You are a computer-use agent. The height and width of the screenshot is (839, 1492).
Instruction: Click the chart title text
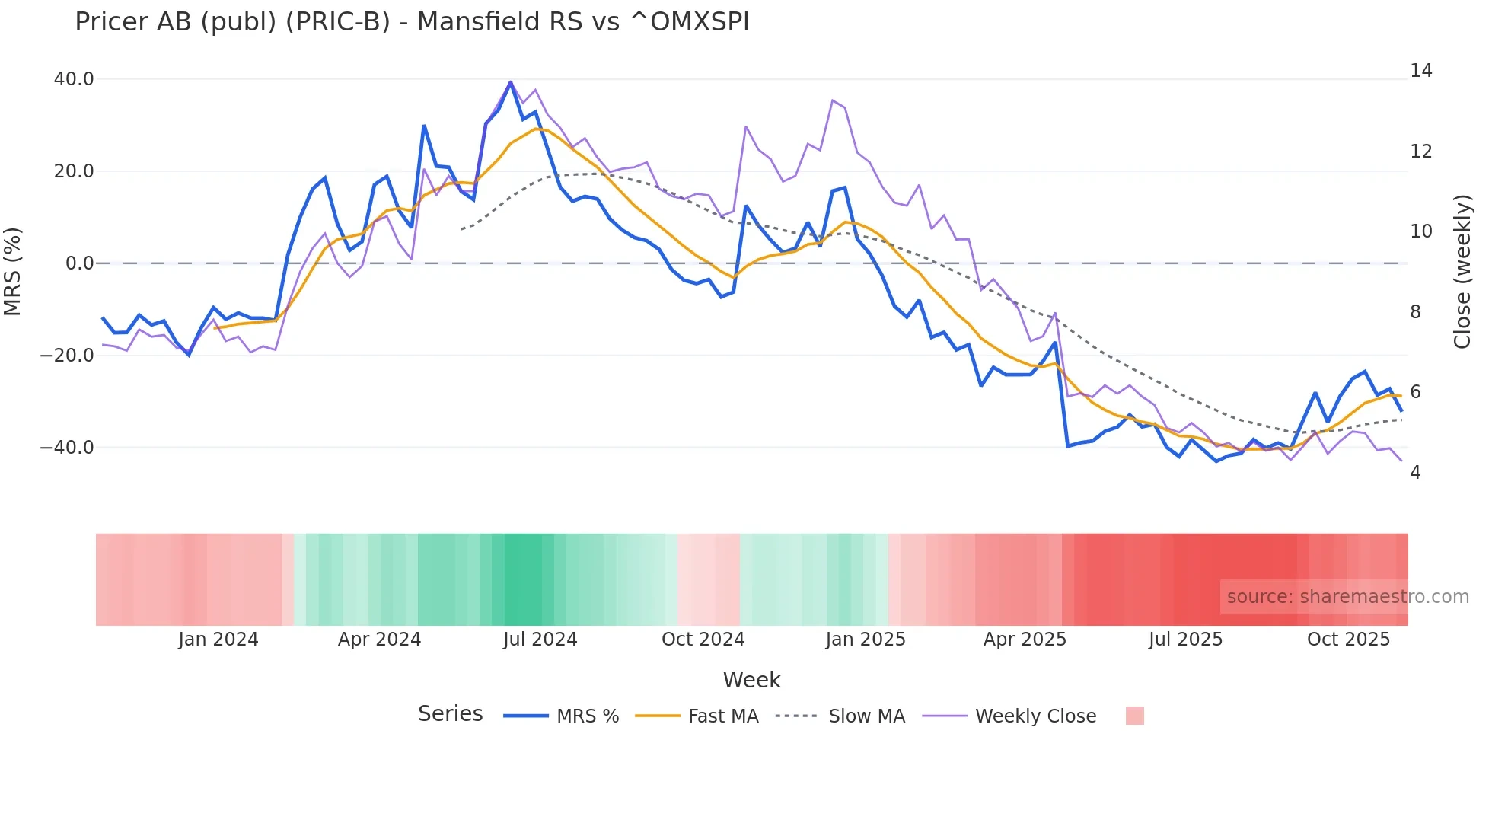click(x=412, y=22)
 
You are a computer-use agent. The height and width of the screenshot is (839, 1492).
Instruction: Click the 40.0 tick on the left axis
click(x=74, y=79)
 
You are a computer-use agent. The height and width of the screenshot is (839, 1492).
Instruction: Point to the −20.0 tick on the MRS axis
click(x=68, y=356)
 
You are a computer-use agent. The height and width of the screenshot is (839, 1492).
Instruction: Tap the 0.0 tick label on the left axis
click(x=80, y=263)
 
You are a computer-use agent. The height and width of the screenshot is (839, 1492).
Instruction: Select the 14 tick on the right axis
click(x=1420, y=71)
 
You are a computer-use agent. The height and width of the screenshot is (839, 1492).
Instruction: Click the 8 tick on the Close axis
click(x=1415, y=311)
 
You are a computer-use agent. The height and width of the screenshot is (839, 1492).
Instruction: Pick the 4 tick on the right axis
click(x=1415, y=473)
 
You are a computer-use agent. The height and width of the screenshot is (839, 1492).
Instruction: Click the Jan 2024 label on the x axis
click(x=218, y=640)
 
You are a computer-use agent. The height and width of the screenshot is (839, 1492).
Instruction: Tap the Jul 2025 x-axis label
click(x=1185, y=640)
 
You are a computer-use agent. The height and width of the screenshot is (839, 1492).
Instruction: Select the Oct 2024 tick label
click(x=703, y=640)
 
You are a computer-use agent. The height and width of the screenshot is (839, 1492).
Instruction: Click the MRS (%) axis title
click(x=13, y=271)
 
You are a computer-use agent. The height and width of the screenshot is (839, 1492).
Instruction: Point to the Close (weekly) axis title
click(x=1462, y=272)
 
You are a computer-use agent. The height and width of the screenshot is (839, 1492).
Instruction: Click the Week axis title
click(x=751, y=680)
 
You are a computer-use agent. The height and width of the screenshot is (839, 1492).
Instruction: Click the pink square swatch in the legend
click(x=1134, y=716)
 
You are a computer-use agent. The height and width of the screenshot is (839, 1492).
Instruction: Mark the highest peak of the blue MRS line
click(x=510, y=82)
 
